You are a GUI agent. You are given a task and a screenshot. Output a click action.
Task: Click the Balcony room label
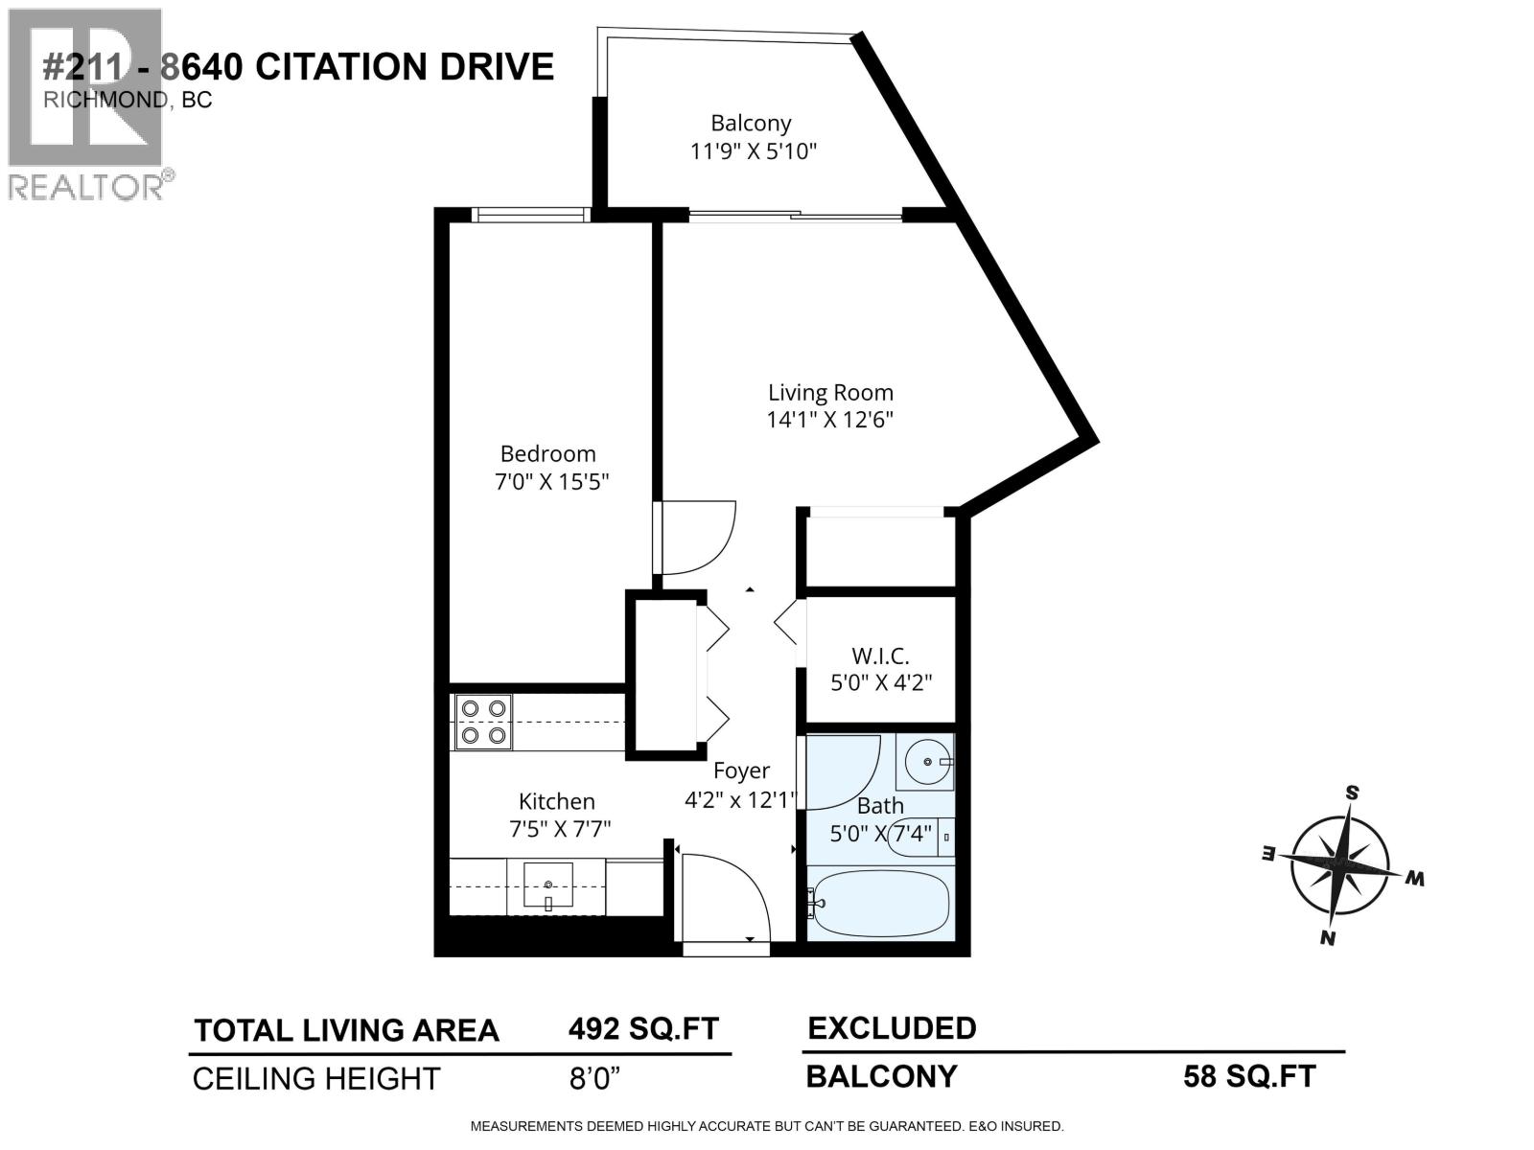[751, 123]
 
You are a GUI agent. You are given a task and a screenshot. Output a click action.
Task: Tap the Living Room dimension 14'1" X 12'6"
[830, 420]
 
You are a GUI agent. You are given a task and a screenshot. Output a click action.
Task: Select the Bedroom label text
[547, 453]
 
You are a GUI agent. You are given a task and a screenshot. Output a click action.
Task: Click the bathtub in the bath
[880, 904]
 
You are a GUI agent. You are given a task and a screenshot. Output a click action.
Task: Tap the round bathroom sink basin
[927, 762]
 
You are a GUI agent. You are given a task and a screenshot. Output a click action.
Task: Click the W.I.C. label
[880, 656]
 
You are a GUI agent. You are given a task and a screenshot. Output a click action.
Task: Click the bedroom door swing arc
[698, 539]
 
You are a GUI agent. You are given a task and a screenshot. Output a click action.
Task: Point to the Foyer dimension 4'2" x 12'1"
[740, 798]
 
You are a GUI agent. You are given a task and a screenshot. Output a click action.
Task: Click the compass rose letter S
[1352, 793]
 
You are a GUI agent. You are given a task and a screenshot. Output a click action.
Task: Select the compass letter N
[1328, 937]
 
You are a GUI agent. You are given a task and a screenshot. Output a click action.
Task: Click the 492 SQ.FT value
[643, 1029]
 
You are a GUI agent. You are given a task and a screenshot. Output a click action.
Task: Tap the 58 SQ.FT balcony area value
[1249, 1076]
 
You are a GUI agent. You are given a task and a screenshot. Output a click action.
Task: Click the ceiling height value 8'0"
[594, 1079]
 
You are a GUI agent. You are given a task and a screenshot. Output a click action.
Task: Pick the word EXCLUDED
[892, 1028]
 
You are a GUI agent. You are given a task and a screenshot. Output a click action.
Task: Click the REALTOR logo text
[86, 186]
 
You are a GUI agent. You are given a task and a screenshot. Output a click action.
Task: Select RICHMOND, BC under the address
[128, 101]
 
